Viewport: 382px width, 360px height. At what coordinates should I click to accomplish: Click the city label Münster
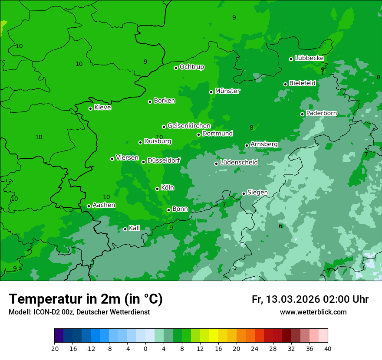tap(227, 91)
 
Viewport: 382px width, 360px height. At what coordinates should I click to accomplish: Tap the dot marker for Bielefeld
tap(285, 84)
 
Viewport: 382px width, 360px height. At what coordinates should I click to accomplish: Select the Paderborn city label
tap(322, 113)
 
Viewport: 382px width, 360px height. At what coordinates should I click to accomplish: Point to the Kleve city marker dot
tap(90, 108)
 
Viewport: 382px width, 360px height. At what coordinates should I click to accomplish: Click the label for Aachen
tap(104, 205)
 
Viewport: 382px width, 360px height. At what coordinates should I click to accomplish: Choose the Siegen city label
tap(257, 193)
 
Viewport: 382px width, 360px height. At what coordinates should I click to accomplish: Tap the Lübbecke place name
tap(309, 58)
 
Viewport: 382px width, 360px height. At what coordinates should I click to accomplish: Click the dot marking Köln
tap(157, 189)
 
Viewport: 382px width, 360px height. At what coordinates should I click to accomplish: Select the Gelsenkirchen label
tap(189, 126)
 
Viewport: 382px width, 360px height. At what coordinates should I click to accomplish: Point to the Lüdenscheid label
tap(239, 163)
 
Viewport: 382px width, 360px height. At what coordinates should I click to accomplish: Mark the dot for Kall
tap(125, 229)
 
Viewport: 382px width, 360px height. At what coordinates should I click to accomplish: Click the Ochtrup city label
tap(192, 67)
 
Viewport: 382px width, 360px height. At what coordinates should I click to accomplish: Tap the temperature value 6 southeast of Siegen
tap(280, 226)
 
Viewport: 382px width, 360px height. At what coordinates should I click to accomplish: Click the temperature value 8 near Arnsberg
tap(251, 128)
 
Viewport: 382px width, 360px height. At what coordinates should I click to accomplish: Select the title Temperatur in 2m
tap(86, 299)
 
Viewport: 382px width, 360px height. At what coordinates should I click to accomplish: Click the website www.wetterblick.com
tap(313, 312)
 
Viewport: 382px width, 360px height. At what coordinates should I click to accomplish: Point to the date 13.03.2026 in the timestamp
tap(293, 299)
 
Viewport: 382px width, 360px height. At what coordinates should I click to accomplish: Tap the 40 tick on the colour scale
tap(328, 349)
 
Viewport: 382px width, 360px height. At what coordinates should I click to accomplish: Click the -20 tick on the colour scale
tap(54, 349)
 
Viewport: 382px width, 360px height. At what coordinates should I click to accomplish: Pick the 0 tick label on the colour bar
tap(145, 349)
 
